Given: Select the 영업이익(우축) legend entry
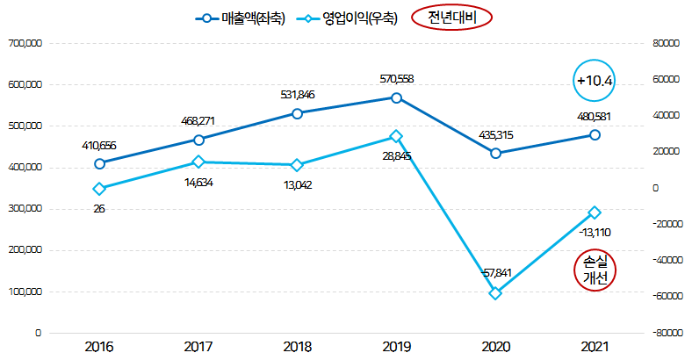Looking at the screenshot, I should coord(348,18).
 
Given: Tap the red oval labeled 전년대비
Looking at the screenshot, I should coord(451,18).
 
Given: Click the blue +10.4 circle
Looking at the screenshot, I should coord(594,80).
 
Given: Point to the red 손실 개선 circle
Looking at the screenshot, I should coord(595,269).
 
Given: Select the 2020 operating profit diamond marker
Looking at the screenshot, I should coord(495,293).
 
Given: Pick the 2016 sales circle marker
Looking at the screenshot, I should coord(99,163).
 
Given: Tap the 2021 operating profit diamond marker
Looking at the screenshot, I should coord(595,212).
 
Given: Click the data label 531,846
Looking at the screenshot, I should coord(297,95).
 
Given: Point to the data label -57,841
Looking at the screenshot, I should coord(496,273).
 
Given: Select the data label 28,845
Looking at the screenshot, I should coord(396,155).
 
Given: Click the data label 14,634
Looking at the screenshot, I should coord(198,182).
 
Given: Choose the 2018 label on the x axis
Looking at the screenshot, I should coord(297,347).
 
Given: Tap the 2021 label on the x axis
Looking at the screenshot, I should coord(595,347).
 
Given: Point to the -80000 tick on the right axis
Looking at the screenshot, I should coord(667,334).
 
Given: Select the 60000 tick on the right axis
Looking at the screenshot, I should coord(667,79).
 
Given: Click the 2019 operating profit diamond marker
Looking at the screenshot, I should coord(396,137).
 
